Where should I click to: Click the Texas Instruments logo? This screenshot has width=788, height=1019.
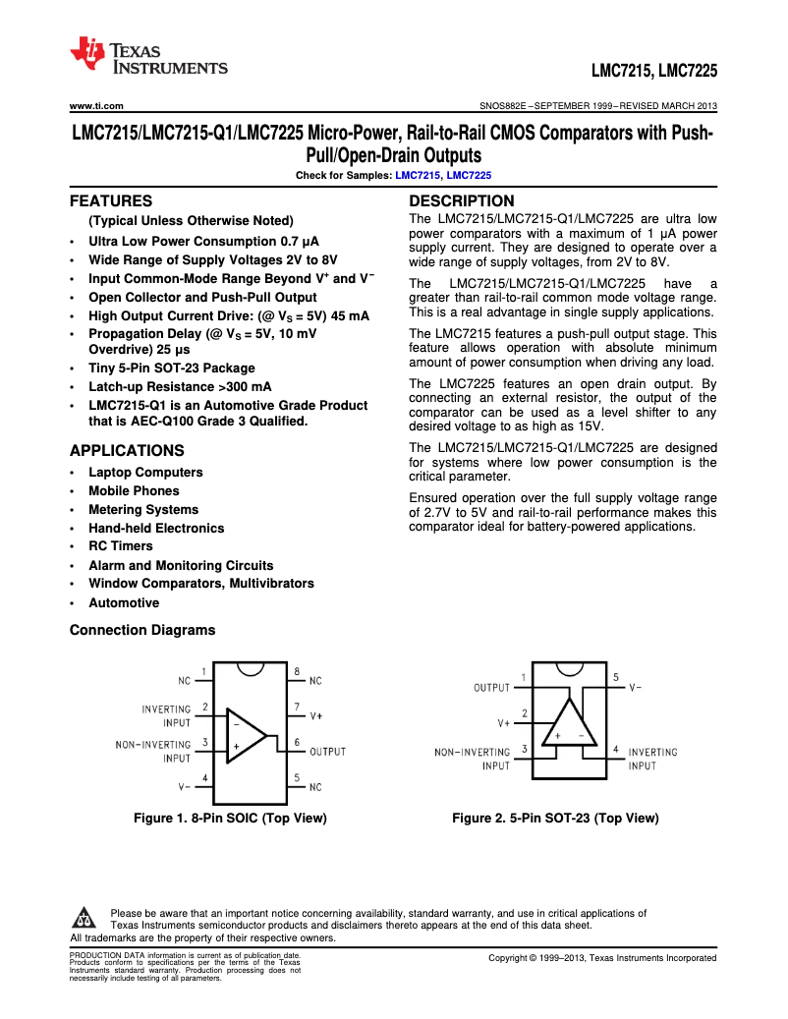tap(148, 57)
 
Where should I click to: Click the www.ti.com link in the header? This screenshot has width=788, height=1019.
tap(95, 105)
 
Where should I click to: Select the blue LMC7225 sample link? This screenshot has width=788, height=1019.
tap(469, 175)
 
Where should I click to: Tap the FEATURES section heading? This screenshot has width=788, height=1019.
tap(110, 200)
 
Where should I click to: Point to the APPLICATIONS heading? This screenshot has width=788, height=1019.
tap(127, 451)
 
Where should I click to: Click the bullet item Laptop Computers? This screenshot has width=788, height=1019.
tap(145, 473)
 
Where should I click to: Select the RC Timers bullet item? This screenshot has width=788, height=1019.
tap(120, 546)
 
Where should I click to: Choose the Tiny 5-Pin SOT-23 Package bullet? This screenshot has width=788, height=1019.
tap(171, 368)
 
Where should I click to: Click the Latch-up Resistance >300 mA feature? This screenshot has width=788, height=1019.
tap(180, 387)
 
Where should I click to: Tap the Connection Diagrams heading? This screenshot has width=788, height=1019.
tap(141, 630)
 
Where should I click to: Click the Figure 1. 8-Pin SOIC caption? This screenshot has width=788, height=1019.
tap(230, 818)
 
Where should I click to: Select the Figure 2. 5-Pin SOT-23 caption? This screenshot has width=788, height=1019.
tap(555, 818)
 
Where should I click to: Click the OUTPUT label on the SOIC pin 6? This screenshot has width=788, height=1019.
tap(327, 752)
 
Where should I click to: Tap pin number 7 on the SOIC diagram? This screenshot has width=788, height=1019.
tap(297, 707)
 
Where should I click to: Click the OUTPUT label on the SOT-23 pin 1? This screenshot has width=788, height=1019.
tap(491, 688)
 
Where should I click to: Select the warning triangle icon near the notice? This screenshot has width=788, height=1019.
tap(83, 920)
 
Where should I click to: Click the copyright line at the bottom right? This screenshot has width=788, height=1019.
tap(602, 958)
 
